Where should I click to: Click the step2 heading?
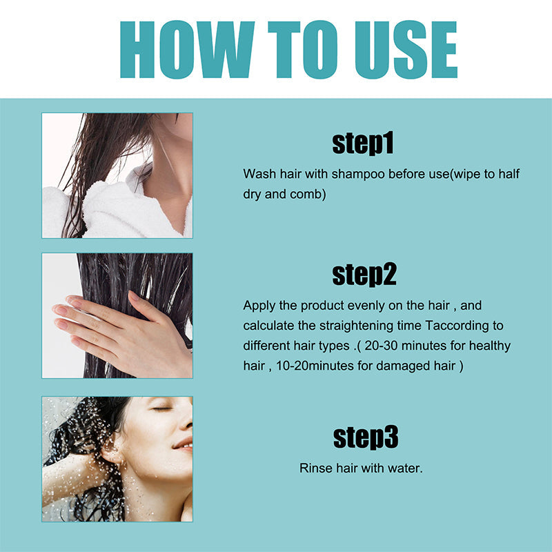pyautogui.click(x=364, y=274)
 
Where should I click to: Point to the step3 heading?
pyautogui.click(x=366, y=437)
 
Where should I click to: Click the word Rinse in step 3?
pyautogui.click(x=315, y=469)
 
